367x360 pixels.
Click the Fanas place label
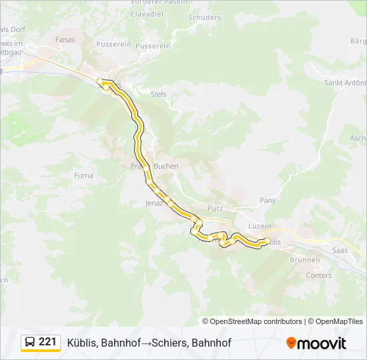click(x=65, y=39)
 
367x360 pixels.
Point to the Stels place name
click(x=158, y=95)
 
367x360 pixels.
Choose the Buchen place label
click(x=165, y=166)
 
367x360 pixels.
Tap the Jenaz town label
click(x=154, y=203)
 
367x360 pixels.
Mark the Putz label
click(x=215, y=209)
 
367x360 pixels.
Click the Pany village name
click(x=267, y=200)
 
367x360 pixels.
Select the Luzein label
click(x=260, y=226)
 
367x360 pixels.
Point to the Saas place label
click(x=339, y=250)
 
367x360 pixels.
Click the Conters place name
click(x=318, y=275)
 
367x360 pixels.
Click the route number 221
click(x=47, y=342)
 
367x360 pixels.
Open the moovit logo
click(x=316, y=343)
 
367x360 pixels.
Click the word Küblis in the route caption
click(x=82, y=343)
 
